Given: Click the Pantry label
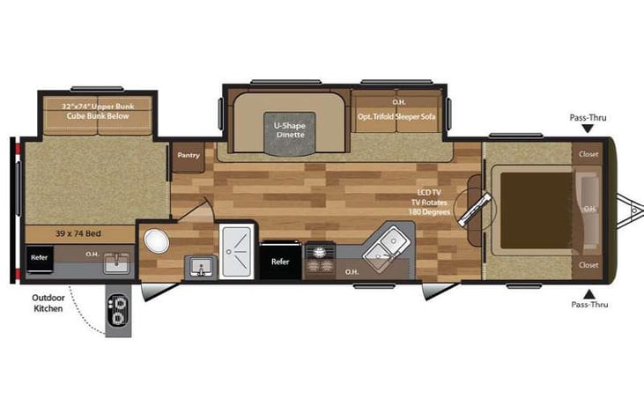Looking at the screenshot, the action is tap(189, 155).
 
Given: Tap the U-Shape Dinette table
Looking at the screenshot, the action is tap(290, 133).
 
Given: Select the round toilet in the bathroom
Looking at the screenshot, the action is tap(157, 241).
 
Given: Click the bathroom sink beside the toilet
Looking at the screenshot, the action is tap(201, 267).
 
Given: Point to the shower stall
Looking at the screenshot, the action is tap(236, 251).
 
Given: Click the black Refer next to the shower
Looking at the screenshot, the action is tap(280, 261).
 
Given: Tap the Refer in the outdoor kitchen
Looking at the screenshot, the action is tap(40, 258).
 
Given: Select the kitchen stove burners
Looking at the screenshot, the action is tap(319, 259).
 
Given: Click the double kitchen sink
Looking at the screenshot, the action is tap(386, 247).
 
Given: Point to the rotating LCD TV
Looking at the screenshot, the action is tap(475, 210).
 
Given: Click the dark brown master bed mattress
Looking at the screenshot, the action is tap(537, 210).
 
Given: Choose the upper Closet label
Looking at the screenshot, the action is tap(588, 154).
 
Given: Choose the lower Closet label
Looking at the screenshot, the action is tap(588, 265).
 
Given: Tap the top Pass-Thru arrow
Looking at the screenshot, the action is tap(588, 129).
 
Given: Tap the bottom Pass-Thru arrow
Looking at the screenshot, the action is tap(589, 294).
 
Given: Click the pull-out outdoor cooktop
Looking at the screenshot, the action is tap(118, 311).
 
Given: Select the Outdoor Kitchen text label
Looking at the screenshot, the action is tap(48, 303).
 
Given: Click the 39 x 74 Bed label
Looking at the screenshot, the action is tap(78, 233).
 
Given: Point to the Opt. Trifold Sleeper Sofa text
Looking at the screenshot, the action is tap(396, 116).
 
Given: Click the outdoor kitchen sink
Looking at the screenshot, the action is tap(116, 263).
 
